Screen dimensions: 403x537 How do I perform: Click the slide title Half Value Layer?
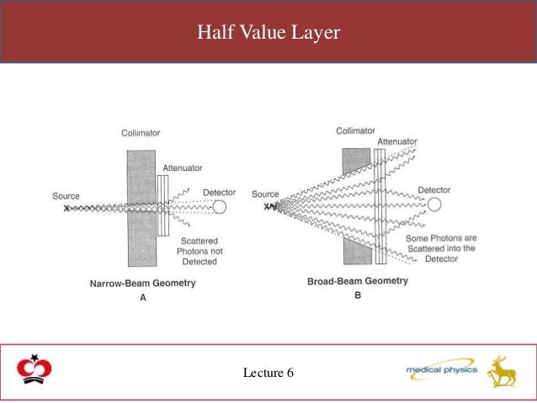point(268,32)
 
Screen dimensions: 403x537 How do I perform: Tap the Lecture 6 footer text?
point(268,372)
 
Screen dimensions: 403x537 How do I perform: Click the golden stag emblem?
point(502,371)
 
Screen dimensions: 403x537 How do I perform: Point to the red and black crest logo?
point(34,371)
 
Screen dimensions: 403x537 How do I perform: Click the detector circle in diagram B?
point(434,204)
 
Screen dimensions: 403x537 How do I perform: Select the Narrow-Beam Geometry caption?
point(142,284)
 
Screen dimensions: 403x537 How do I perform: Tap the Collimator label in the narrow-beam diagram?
point(140,132)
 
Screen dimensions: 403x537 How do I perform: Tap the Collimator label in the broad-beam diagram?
point(355,130)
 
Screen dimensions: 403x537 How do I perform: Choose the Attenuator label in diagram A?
point(182,168)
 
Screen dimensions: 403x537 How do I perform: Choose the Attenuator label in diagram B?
point(398,141)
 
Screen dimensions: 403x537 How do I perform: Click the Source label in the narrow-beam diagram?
point(66,196)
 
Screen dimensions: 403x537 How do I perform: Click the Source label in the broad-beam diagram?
point(265,194)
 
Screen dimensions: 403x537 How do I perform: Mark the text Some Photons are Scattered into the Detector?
point(440,248)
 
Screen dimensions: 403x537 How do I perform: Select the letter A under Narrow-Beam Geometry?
point(142,297)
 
